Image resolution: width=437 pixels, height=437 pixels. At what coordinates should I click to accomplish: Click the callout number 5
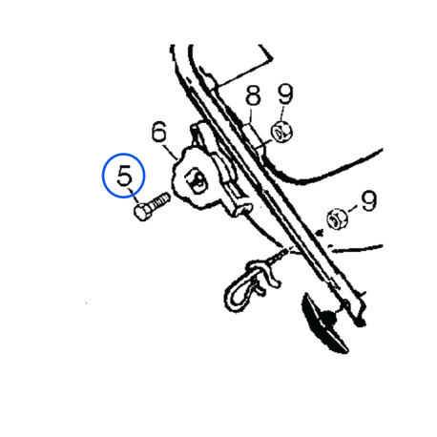point(124,176)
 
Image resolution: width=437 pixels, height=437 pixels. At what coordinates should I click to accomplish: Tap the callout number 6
point(159,132)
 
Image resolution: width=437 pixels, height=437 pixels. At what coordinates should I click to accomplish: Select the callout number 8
point(253,95)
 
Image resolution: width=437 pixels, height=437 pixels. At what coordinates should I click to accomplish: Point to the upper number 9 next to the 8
point(285,94)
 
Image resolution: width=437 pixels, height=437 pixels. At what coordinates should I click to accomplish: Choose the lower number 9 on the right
point(369,200)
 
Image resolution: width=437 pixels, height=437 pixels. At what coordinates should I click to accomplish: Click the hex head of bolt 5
point(143,212)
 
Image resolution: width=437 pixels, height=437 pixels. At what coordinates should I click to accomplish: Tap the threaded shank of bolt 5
point(160,201)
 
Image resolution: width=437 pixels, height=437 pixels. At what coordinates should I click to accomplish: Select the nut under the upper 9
point(281,133)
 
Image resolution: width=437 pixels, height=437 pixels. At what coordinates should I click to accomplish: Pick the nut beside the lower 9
point(337,219)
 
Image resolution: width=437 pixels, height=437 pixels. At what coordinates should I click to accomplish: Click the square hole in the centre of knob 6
point(197,181)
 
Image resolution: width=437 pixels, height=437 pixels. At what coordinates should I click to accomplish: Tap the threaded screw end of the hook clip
point(279,255)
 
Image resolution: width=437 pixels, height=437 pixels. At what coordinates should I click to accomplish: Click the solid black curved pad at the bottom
point(324,323)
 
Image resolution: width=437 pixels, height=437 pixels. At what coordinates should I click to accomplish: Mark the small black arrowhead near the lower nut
point(319,235)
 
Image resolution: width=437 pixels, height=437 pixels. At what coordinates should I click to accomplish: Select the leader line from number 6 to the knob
point(172,152)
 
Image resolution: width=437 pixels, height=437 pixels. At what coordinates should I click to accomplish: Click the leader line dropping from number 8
point(251,115)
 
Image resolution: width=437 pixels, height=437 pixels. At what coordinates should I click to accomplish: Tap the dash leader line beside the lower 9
point(353,209)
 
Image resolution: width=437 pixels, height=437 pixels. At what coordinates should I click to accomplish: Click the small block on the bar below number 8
point(254,137)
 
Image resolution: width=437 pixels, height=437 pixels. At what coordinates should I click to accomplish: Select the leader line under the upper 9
point(282,113)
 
